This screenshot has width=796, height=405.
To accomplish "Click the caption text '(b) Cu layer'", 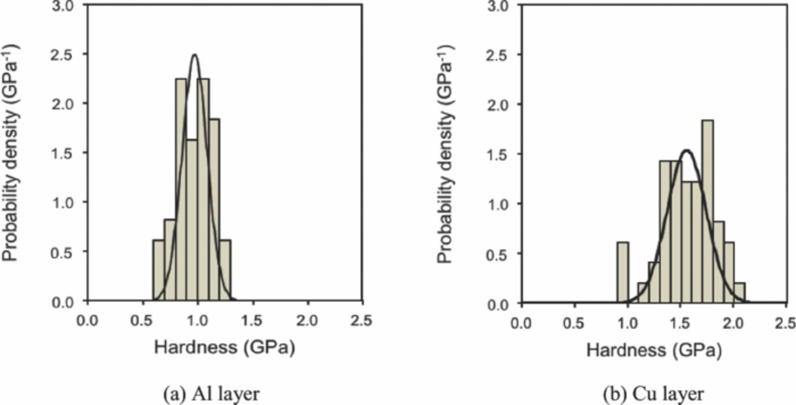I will (655, 394).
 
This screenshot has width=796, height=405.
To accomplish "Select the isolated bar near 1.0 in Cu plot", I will (622, 273).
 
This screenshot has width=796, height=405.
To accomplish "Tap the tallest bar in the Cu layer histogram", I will (707, 212).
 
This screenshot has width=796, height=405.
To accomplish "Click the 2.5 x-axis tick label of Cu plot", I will (785, 324).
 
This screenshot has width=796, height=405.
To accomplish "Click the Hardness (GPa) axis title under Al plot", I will (223, 349).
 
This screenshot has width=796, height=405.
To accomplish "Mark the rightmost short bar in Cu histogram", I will (739, 294).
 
